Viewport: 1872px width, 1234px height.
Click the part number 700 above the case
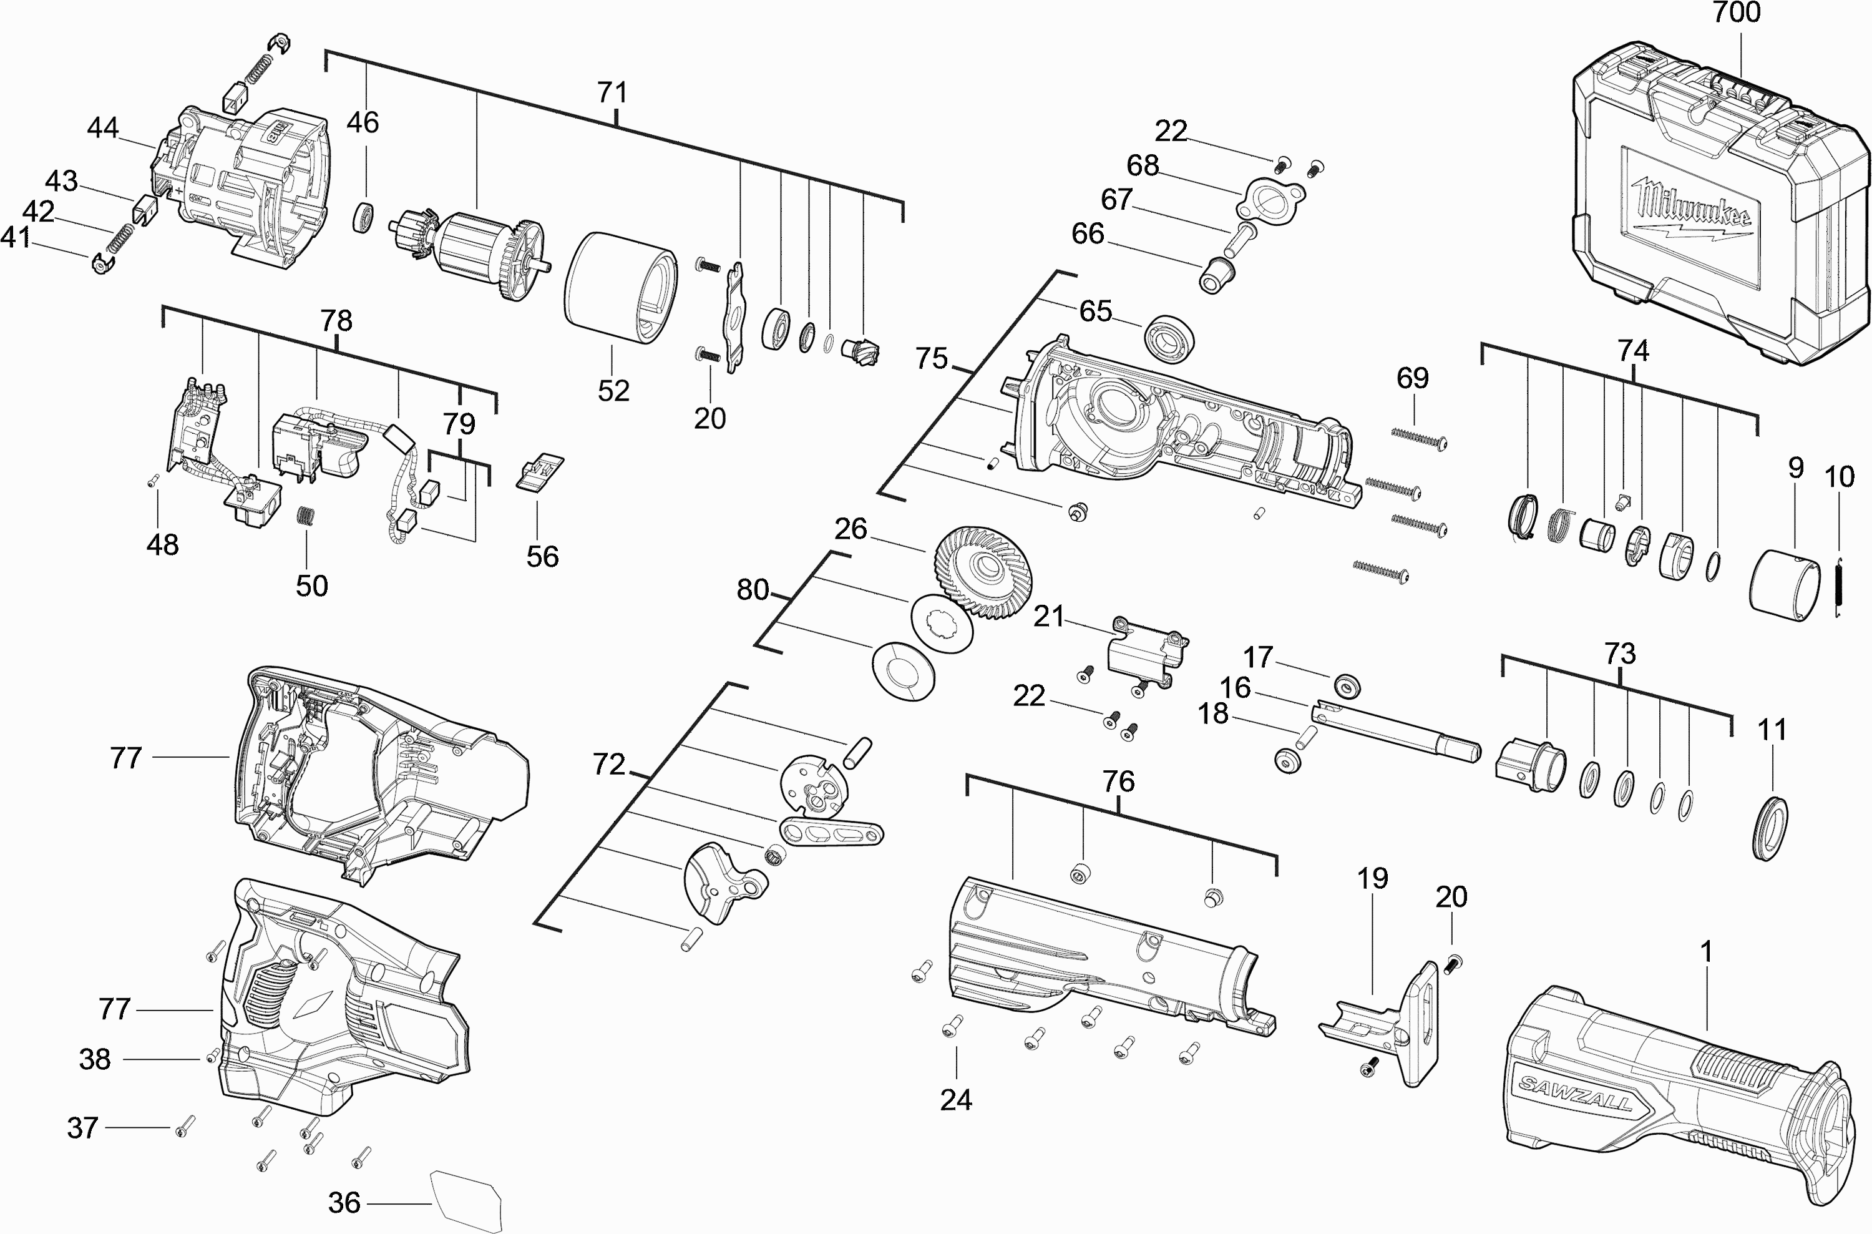(x=1737, y=13)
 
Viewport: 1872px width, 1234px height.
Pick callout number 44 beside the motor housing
(x=103, y=127)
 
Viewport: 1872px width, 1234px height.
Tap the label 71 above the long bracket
(x=613, y=93)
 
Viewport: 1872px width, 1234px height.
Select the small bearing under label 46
(x=365, y=217)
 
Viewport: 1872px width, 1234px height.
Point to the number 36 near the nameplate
(x=344, y=1203)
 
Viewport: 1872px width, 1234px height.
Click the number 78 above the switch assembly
(x=336, y=321)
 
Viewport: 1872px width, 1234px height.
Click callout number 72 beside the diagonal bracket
(x=608, y=764)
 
